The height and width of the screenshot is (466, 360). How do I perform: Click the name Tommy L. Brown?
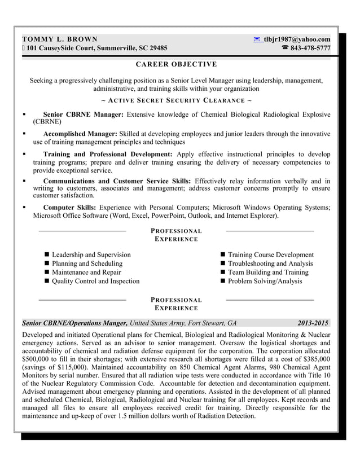click(x=59, y=39)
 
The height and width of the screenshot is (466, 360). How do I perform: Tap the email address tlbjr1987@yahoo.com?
click(x=297, y=39)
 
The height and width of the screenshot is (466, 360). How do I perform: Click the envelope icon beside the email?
click(x=257, y=39)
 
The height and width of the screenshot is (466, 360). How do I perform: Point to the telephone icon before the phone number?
click(x=284, y=48)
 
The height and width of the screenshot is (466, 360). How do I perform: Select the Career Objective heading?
click(x=176, y=64)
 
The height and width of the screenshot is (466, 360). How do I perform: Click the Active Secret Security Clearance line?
click(x=176, y=100)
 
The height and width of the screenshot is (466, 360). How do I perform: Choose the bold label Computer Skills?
click(x=69, y=208)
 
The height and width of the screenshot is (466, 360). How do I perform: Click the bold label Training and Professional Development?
click(x=108, y=153)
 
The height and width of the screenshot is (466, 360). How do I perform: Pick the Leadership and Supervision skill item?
click(x=91, y=255)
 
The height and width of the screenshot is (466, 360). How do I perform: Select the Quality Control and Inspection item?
click(x=95, y=281)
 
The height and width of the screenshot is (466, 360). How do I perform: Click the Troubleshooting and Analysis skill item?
click(x=270, y=263)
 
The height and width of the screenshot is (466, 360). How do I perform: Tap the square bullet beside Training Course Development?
click(x=223, y=255)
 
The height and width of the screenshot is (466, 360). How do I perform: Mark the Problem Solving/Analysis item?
click(x=265, y=281)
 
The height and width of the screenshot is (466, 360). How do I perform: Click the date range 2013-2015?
click(x=313, y=323)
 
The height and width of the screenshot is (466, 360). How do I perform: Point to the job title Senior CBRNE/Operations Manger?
click(x=74, y=323)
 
